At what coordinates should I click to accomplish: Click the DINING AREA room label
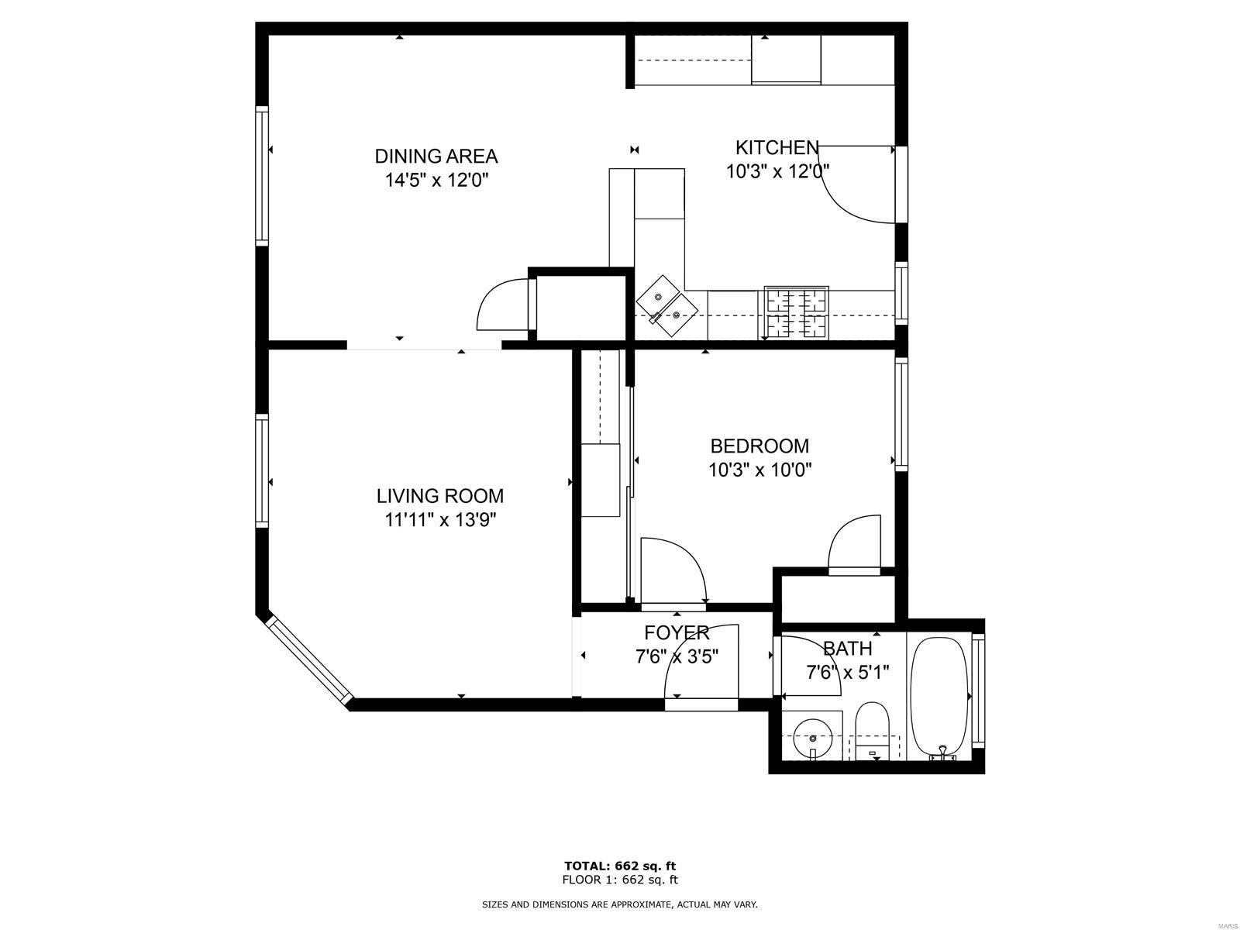pyautogui.click(x=436, y=156)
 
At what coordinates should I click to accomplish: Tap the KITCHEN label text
pyautogui.click(x=777, y=148)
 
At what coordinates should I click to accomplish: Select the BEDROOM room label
pyautogui.click(x=759, y=446)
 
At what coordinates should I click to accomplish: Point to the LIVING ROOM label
pyautogui.click(x=440, y=496)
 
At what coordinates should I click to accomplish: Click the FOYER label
pyautogui.click(x=677, y=633)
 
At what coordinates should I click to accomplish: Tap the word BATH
pyautogui.click(x=847, y=649)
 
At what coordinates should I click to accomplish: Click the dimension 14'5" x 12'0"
pyautogui.click(x=436, y=180)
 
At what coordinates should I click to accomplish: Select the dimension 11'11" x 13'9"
pyautogui.click(x=440, y=519)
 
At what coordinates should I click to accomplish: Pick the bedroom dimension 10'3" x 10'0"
pyautogui.click(x=759, y=470)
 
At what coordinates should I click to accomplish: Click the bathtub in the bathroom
pyautogui.click(x=939, y=697)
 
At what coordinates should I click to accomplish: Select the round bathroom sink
pyautogui.click(x=813, y=738)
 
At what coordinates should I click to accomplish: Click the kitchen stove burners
pyautogui.click(x=797, y=313)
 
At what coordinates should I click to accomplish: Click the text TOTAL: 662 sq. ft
pyautogui.click(x=620, y=866)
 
